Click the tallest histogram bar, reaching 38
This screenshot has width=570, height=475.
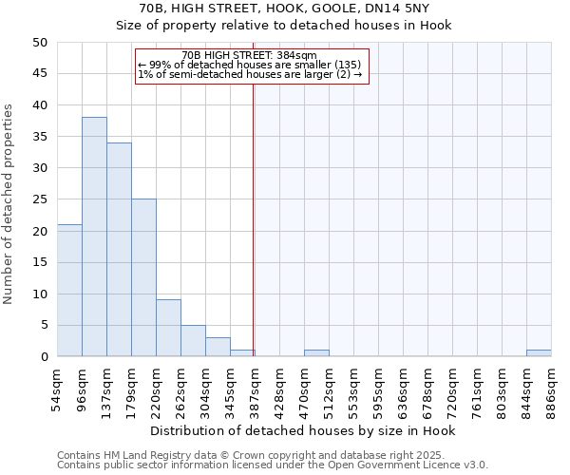tap(94, 237)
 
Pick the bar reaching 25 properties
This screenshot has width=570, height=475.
tap(143, 278)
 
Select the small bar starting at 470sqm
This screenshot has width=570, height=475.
tap(316, 353)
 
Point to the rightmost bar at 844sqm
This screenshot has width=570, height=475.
tap(539, 353)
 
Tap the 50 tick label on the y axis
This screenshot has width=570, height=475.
tap(39, 43)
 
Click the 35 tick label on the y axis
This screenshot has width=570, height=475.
tap(39, 137)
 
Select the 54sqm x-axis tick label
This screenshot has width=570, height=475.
tap(57, 386)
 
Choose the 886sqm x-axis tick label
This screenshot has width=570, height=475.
tap(551, 386)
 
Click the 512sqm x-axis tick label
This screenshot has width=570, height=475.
tap(329, 388)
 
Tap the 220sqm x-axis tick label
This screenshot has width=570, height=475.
tap(156, 388)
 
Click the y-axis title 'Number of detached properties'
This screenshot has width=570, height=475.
tap(9, 204)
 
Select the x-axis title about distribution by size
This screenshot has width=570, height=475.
tap(304, 431)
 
